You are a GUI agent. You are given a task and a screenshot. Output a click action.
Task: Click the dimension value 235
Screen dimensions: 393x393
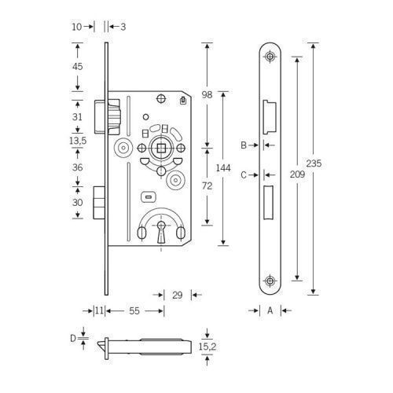click(x=314, y=163)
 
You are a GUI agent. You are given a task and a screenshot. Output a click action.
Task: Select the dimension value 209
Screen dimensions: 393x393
click(x=297, y=174)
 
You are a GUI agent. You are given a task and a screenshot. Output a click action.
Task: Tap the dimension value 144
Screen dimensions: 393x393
click(x=223, y=167)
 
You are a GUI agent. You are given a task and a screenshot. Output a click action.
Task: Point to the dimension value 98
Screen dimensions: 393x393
click(x=207, y=94)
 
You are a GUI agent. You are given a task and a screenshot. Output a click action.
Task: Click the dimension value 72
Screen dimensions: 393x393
click(x=207, y=185)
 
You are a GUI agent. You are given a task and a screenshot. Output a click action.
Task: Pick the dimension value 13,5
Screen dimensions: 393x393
click(x=78, y=141)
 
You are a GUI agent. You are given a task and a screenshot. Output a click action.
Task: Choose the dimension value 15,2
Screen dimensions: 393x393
click(x=208, y=347)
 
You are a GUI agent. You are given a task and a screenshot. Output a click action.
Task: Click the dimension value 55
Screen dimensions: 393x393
click(x=134, y=311)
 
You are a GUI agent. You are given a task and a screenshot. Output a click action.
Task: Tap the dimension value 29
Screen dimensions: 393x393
click(x=178, y=296)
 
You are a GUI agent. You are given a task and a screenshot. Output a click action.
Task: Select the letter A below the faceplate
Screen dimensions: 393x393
click(x=270, y=310)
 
